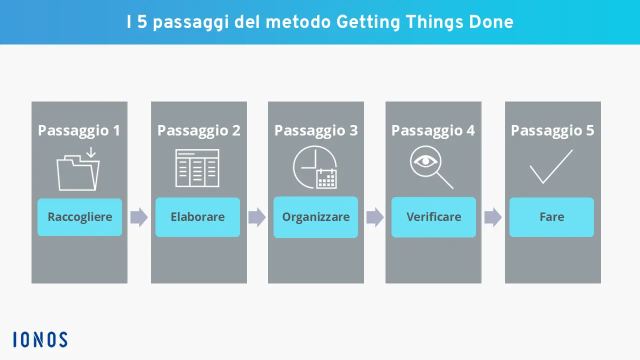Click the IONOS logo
click(x=40, y=339)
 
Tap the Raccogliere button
click(x=79, y=217)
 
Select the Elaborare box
click(x=197, y=217)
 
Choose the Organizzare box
click(x=315, y=217)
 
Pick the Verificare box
click(x=433, y=217)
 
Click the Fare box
click(x=551, y=217)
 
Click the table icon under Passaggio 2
click(x=197, y=168)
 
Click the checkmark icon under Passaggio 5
click(x=550, y=167)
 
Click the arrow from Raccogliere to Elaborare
click(x=139, y=217)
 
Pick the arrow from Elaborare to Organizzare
click(x=257, y=217)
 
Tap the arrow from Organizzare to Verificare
click(x=375, y=217)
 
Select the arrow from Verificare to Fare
click(x=493, y=217)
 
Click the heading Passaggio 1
click(x=79, y=130)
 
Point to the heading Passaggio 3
click(x=316, y=130)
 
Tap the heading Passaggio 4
click(x=433, y=130)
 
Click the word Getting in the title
click(x=368, y=22)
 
